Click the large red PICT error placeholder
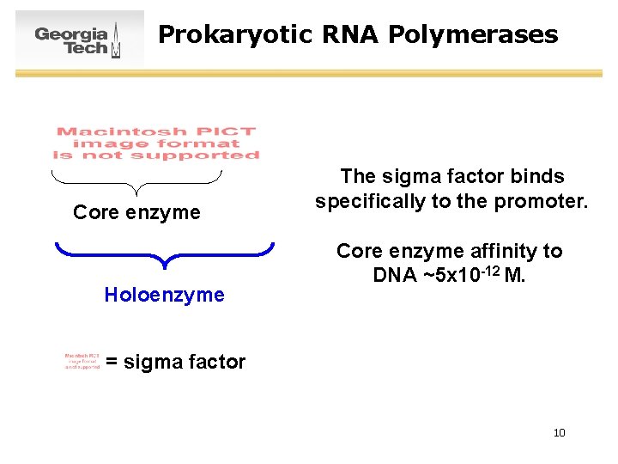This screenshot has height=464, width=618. click(x=156, y=143)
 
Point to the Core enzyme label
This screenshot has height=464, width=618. click(x=136, y=212)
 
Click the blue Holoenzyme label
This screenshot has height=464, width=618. click(x=164, y=296)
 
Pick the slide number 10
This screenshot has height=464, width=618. click(x=559, y=433)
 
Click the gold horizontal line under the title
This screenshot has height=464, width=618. click(x=309, y=74)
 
